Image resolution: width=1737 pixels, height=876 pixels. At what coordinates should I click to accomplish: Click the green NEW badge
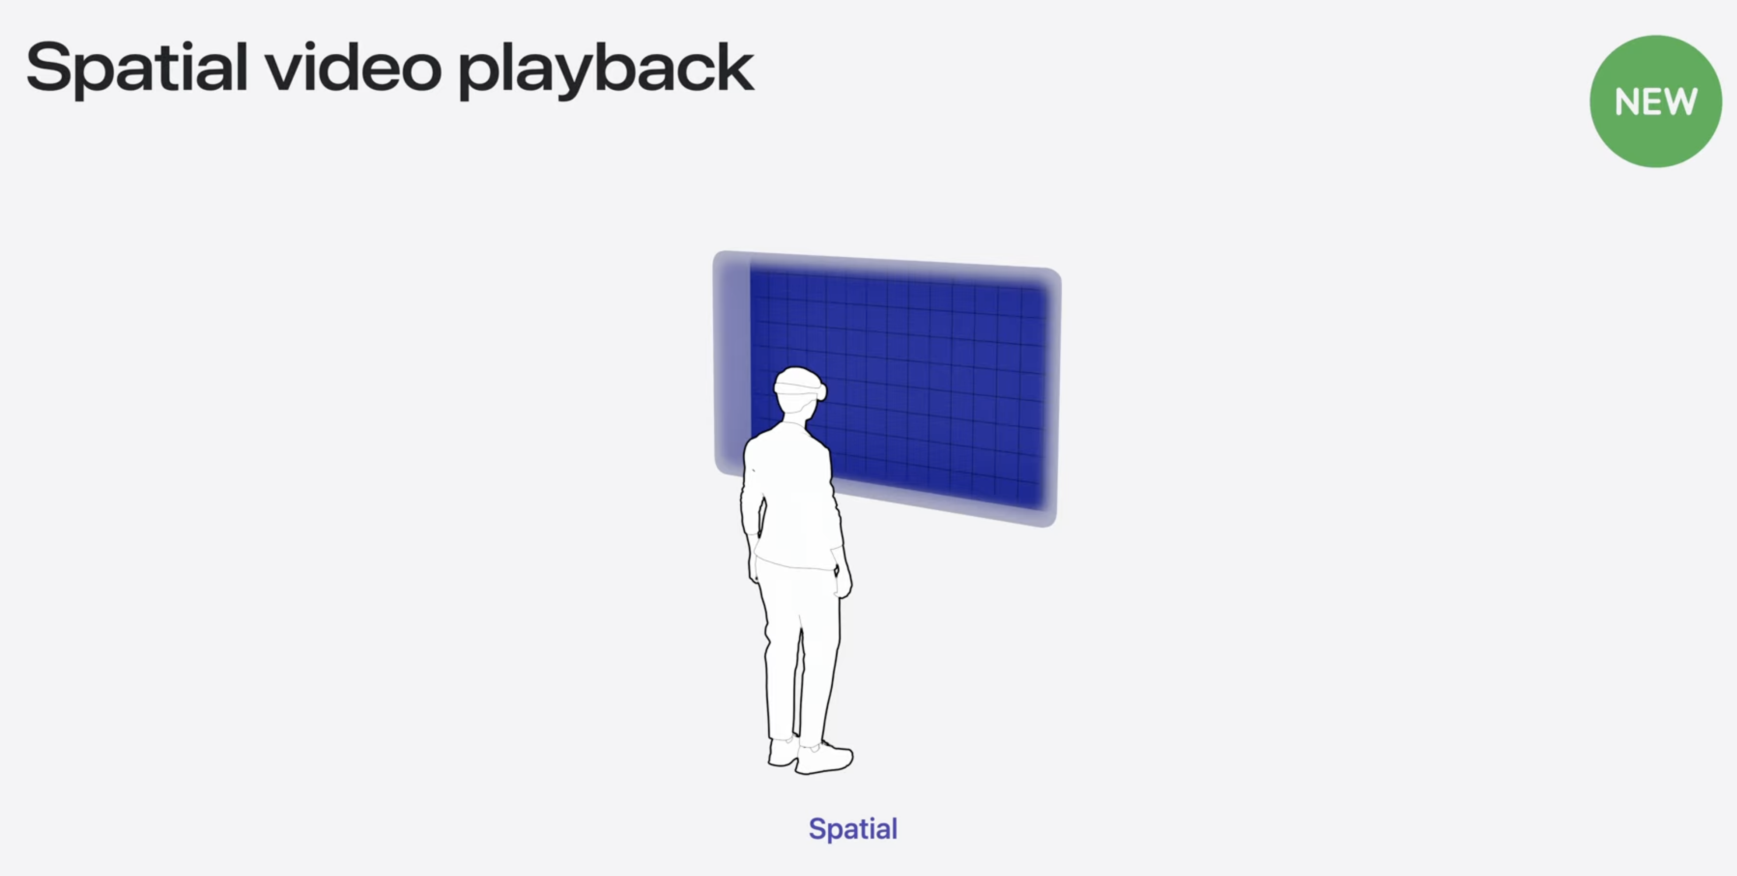(1656, 101)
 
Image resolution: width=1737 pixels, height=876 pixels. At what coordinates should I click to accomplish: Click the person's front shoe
(824, 759)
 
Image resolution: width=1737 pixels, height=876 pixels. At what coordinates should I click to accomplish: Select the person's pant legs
(800, 654)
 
